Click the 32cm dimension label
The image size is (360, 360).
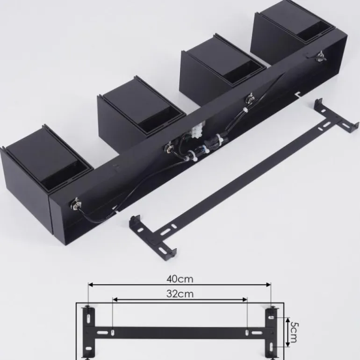(x=180, y=294)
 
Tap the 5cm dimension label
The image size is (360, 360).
(x=293, y=331)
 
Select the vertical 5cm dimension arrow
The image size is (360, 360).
(x=281, y=331)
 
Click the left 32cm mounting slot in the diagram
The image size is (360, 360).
(x=113, y=332)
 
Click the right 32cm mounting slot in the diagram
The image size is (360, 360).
(x=246, y=332)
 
